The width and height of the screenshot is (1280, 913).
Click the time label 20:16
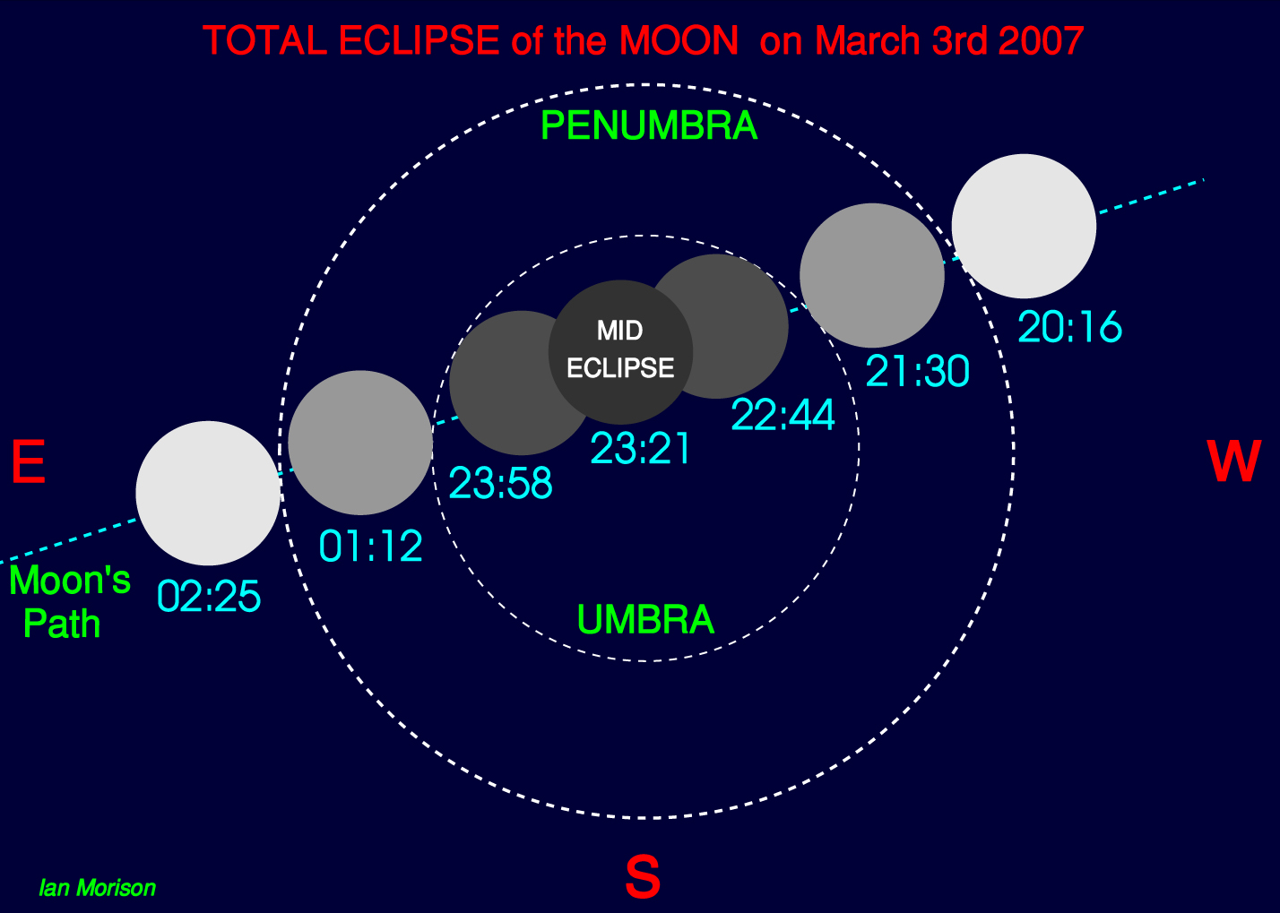pyautogui.click(x=1069, y=326)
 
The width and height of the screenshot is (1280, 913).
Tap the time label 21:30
pyautogui.click(x=918, y=371)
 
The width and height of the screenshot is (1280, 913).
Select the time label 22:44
pyautogui.click(x=783, y=414)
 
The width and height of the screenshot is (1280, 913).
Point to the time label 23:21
pyautogui.click(x=641, y=448)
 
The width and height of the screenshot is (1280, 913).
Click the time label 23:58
pyautogui.click(x=500, y=483)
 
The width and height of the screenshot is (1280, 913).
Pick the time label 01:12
pyautogui.click(x=370, y=546)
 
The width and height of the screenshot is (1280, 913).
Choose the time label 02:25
pyautogui.click(x=209, y=596)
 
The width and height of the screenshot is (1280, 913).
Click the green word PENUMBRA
pyautogui.click(x=649, y=125)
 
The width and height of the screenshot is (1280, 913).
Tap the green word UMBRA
pyautogui.click(x=645, y=619)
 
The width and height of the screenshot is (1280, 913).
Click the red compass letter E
pyautogui.click(x=29, y=461)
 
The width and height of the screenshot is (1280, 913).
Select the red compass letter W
pyautogui.click(x=1233, y=461)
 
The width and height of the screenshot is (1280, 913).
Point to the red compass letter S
pyautogui.click(x=643, y=877)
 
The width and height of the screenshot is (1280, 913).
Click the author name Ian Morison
pyautogui.click(x=97, y=888)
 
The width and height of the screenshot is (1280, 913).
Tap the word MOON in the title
pyautogui.click(x=679, y=40)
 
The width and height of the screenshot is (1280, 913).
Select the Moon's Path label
pyautogui.click(x=70, y=601)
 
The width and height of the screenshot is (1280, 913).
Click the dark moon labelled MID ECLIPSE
pyautogui.click(x=620, y=352)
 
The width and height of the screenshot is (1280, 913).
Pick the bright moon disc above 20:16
pyautogui.click(x=1024, y=227)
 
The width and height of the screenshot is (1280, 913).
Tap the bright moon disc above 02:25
pyautogui.click(x=208, y=493)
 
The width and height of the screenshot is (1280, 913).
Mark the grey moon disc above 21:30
pyautogui.click(x=872, y=275)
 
